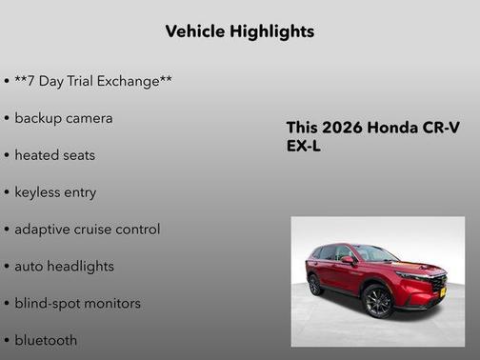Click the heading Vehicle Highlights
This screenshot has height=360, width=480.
point(239,31)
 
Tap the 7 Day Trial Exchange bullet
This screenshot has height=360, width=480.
point(92,82)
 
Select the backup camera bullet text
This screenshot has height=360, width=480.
point(63,118)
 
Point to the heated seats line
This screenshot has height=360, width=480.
point(54,155)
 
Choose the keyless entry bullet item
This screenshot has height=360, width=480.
point(55,192)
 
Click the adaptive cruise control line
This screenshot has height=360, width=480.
point(87,230)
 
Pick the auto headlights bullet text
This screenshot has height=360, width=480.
point(64,267)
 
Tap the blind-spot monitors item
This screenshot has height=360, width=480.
point(77,304)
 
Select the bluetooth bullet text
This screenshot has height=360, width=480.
point(46,340)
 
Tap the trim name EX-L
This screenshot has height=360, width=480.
point(304,148)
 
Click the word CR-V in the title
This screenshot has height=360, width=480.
point(443,129)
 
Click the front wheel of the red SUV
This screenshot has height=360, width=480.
point(377,301)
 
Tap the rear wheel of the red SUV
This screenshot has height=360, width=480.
point(315,285)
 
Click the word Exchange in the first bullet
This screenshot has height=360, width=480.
point(133,82)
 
